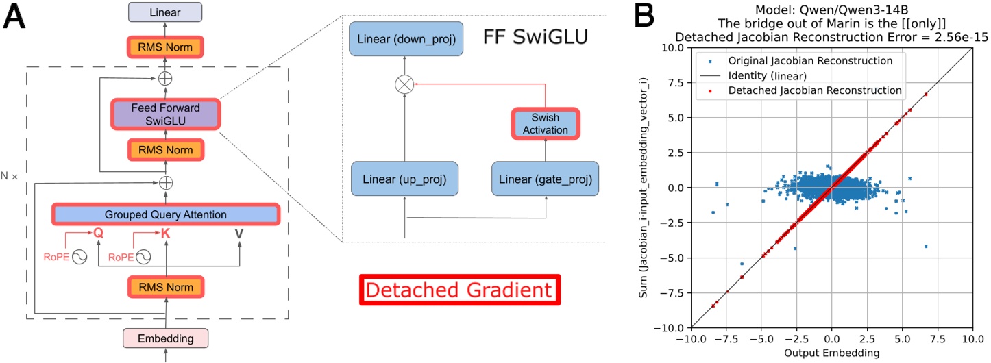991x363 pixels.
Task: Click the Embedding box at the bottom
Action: [x=165, y=338]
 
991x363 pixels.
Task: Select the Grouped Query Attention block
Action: [x=165, y=214]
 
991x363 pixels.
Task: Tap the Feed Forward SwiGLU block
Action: [x=165, y=113]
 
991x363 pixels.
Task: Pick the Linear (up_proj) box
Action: [x=404, y=179]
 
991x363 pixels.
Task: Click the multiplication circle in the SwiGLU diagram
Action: [x=404, y=85]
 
